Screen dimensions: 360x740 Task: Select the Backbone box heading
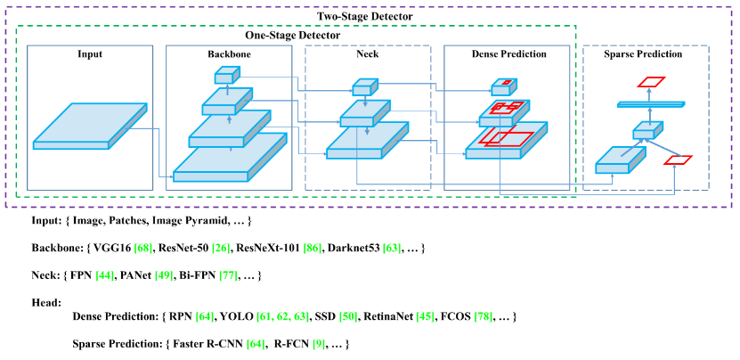click(229, 54)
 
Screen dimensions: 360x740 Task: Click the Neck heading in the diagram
click(368, 54)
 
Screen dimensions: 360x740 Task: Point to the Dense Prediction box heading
click(508, 54)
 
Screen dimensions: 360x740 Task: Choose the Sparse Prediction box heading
click(645, 54)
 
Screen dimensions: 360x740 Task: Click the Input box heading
click(90, 54)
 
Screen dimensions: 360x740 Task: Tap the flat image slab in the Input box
click(89, 126)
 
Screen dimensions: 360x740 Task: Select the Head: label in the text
click(46, 303)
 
